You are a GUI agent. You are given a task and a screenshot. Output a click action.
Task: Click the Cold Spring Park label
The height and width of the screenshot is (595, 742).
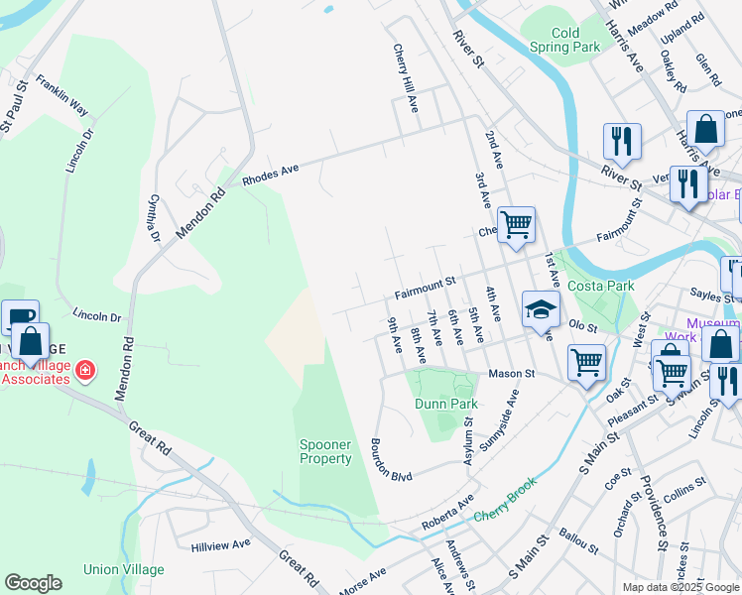coord(565,40)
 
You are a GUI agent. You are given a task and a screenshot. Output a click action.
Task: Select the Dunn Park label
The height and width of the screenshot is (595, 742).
coord(446,404)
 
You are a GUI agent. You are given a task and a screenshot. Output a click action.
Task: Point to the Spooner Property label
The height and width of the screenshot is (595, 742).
coord(325,451)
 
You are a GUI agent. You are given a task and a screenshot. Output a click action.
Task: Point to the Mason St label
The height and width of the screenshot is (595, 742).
coord(510,374)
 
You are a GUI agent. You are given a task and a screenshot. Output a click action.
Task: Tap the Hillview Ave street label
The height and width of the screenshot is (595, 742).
coord(220,544)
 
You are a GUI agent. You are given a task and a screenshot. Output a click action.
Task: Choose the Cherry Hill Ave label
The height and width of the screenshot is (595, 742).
coord(406,70)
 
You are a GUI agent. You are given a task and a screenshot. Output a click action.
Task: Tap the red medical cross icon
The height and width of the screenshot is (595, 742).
coord(85,372)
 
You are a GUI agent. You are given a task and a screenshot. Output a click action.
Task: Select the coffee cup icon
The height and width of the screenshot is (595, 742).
coord(19,317)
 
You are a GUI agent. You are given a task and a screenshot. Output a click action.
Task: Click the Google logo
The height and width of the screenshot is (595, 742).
coord(33,583)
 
